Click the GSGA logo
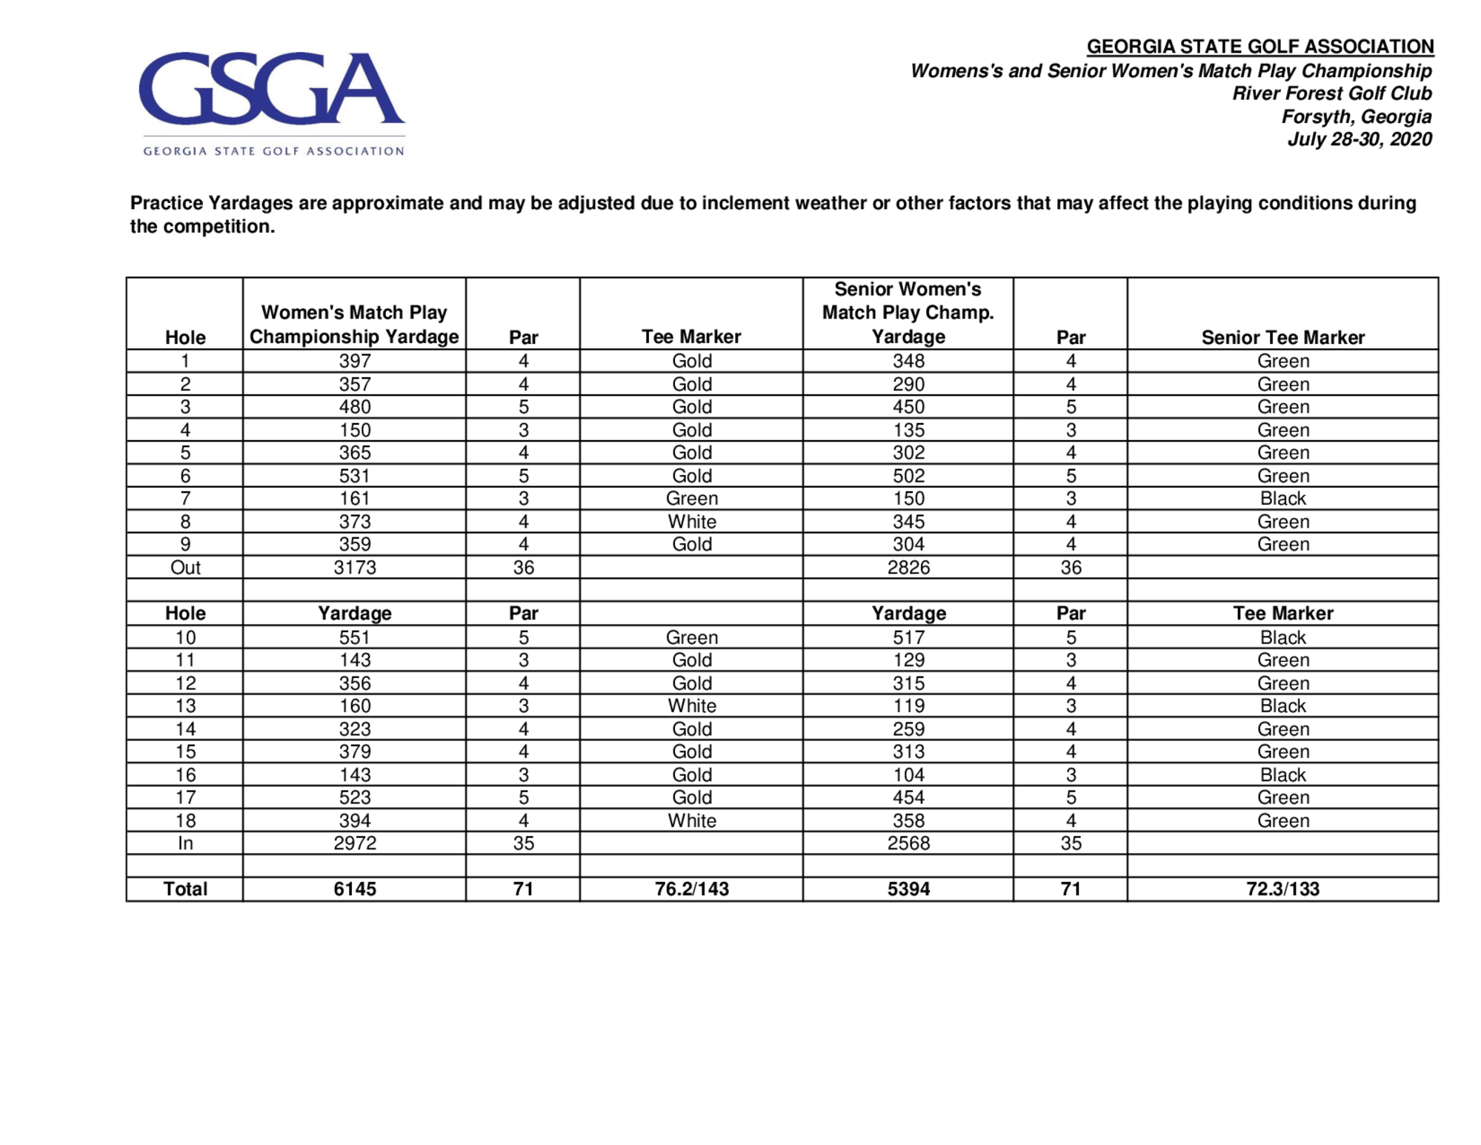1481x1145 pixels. [272, 102]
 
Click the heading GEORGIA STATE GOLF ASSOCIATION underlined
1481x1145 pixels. [1259, 47]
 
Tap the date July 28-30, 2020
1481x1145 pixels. [1359, 139]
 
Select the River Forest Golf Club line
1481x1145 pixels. [1331, 93]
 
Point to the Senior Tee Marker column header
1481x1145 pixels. [1282, 337]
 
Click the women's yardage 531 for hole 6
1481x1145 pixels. [355, 476]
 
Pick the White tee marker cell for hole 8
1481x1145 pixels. [691, 522]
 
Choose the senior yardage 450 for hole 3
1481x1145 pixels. [908, 407]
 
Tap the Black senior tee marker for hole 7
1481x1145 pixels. [1282, 499]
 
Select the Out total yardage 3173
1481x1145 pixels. [355, 568]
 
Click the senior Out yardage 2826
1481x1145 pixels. [908, 568]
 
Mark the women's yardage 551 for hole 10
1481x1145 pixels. [355, 637]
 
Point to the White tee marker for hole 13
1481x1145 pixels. [691, 706]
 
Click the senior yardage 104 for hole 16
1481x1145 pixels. [908, 775]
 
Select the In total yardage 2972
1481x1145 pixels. [355, 843]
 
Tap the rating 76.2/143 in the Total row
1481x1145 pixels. [691, 889]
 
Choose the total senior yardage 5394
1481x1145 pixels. [908, 889]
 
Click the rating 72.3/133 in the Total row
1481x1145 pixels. [1282, 889]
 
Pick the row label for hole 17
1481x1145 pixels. [185, 798]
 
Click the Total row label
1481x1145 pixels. [185, 889]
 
